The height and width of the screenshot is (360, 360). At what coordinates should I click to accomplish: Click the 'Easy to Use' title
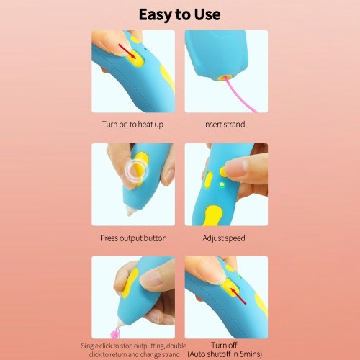pyautogui.click(x=179, y=14)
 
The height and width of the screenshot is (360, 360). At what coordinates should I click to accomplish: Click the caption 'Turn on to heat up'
pyautogui.click(x=132, y=125)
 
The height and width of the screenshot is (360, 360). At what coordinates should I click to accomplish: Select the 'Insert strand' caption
pyautogui.click(x=224, y=125)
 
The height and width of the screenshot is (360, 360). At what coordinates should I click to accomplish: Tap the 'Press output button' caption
pyautogui.click(x=133, y=238)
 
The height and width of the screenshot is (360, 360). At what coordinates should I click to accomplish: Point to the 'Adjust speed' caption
pyautogui.click(x=224, y=238)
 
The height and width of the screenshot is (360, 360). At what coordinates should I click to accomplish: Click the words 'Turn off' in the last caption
pyautogui.click(x=224, y=345)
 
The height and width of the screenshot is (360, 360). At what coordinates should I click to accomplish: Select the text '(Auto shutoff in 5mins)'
pyautogui.click(x=225, y=354)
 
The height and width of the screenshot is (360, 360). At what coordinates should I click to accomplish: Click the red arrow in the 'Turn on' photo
pyautogui.click(x=127, y=51)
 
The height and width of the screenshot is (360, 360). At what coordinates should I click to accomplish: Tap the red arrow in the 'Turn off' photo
pyautogui.click(x=238, y=296)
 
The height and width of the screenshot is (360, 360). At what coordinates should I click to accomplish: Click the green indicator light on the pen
pyautogui.click(x=222, y=185)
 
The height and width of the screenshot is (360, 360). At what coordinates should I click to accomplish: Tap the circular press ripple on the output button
pyautogui.click(x=138, y=171)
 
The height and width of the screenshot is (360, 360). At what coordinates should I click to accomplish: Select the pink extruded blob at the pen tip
pyautogui.click(x=114, y=333)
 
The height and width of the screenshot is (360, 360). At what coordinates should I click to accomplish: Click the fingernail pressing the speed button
pyautogui.click(x=236, y=166)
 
